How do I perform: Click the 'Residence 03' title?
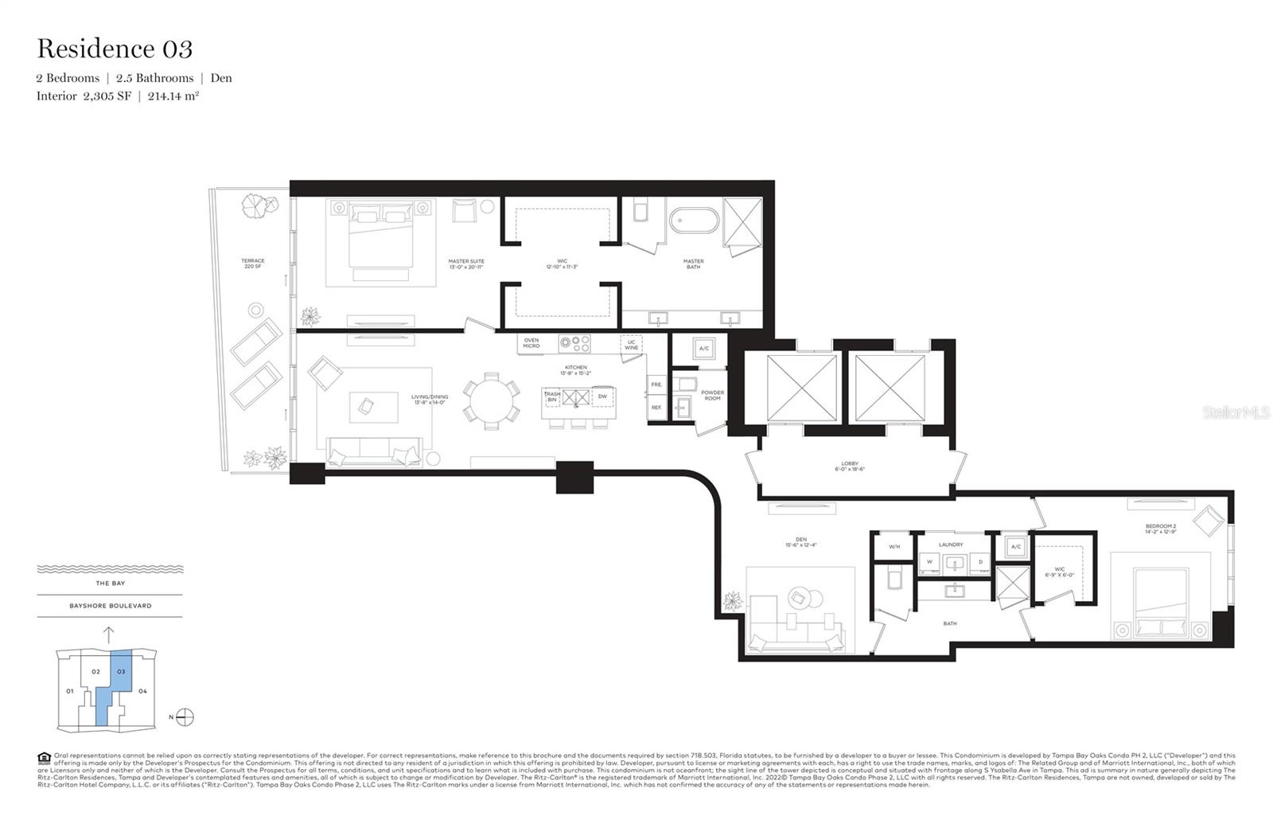click(x=115, y=49)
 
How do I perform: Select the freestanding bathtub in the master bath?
click(x=695, y=221)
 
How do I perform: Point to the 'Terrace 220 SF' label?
click(x=253, y=264)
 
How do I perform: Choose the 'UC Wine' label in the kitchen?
click(x=631, y=345)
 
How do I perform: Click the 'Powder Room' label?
click(x=712, y=395)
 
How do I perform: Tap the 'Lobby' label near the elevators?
click(x=850, y=467)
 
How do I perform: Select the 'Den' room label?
click(x=800, y=542)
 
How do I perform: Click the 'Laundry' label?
click(x=950, y=545)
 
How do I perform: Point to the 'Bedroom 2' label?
click(x=1160, y=529)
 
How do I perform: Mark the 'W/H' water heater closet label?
click(x=894, y=547)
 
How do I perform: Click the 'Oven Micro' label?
click(x=531, y=343)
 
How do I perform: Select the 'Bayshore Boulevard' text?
click(x=110, y=606)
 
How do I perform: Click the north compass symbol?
click(x=185, y=717)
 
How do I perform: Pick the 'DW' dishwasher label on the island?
click(x=602, y=396)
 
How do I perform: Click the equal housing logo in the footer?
click(x=44, y=757)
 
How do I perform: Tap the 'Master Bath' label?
click(x=693, y=264)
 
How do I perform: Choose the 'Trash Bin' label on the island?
click(x=552, y=396)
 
